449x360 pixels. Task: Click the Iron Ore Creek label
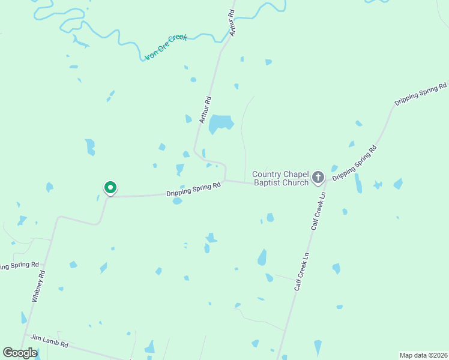(x=166, y=47)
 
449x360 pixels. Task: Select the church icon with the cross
(x=318, y=177)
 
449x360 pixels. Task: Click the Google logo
(x=20, y=353)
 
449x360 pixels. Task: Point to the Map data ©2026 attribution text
(x=423, y=355)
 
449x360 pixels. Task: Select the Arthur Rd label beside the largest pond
(x=205, y=110)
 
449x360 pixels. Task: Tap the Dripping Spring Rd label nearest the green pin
(x=193, y=189)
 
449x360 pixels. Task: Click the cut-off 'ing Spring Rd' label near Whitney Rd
(x=19, y=265)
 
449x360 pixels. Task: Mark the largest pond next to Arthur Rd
(x=221, y=122)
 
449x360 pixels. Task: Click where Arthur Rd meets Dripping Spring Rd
(x=225, y=180)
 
